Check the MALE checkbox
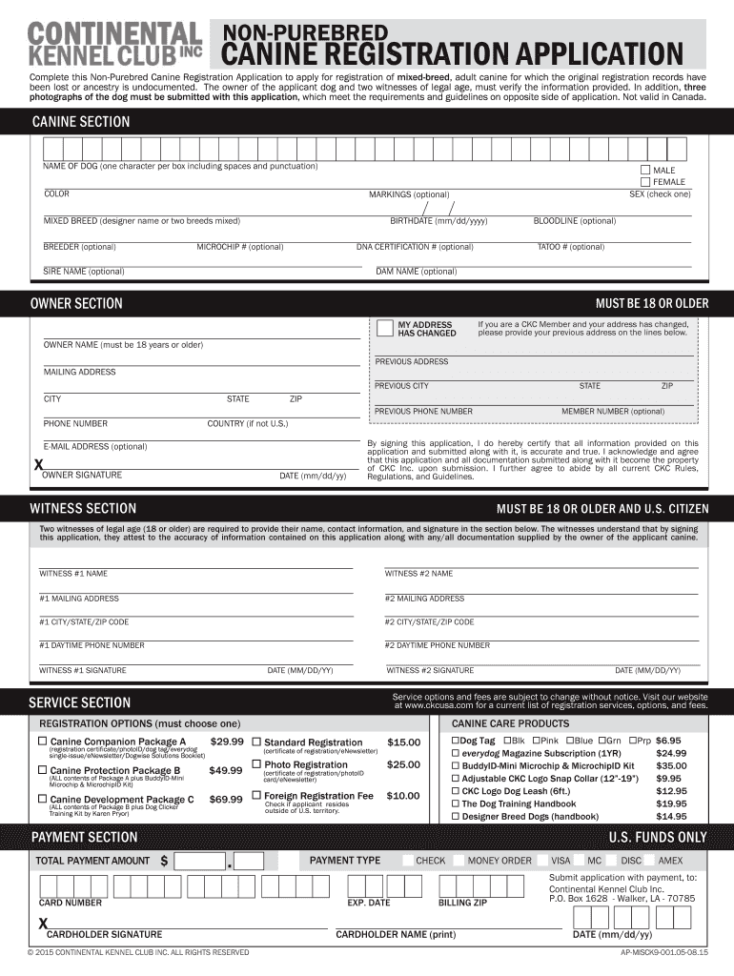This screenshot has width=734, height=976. [645, 170]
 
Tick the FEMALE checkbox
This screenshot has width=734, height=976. [645, 181]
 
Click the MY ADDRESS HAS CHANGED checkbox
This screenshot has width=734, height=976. [385, 329]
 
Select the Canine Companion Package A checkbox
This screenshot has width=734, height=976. [42, 742]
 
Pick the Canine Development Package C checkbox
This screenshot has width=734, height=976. [42, 799]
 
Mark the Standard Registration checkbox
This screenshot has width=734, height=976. [256, 742]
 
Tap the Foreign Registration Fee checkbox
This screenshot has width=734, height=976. [256, 795]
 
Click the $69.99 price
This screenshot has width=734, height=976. [226, 799]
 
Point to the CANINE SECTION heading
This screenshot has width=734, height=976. [81, 122]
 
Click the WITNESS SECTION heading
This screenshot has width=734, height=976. [83, 509]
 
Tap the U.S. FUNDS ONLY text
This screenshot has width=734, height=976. [658, 838]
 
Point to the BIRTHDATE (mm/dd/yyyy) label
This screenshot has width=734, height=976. [438, 220]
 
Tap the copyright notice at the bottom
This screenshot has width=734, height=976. [138, 952]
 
